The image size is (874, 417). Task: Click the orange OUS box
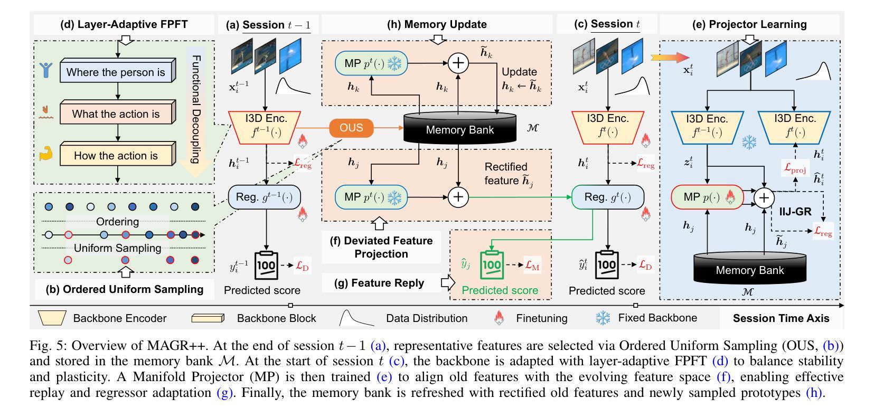pos(351,128)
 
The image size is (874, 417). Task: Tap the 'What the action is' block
pos(116,113)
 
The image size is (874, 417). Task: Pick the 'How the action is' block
pos(116,155)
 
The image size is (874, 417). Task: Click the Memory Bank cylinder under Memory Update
pos(459,128)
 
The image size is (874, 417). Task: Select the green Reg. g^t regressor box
pos(607,197)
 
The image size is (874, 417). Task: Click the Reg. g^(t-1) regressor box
pos(265,197)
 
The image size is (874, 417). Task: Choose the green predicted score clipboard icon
pos(491,264)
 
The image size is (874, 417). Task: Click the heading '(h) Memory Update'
pos(437,24)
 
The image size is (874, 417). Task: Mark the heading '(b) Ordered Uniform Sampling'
pos(125,289)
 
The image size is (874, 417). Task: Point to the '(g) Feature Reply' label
pos(379,283)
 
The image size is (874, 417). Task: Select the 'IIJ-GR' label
pos(795,212)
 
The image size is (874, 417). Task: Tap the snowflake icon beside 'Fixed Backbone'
pos(603,318)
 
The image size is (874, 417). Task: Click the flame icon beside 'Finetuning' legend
pos(499,318)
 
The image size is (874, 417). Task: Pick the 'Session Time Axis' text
pos(781,318)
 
